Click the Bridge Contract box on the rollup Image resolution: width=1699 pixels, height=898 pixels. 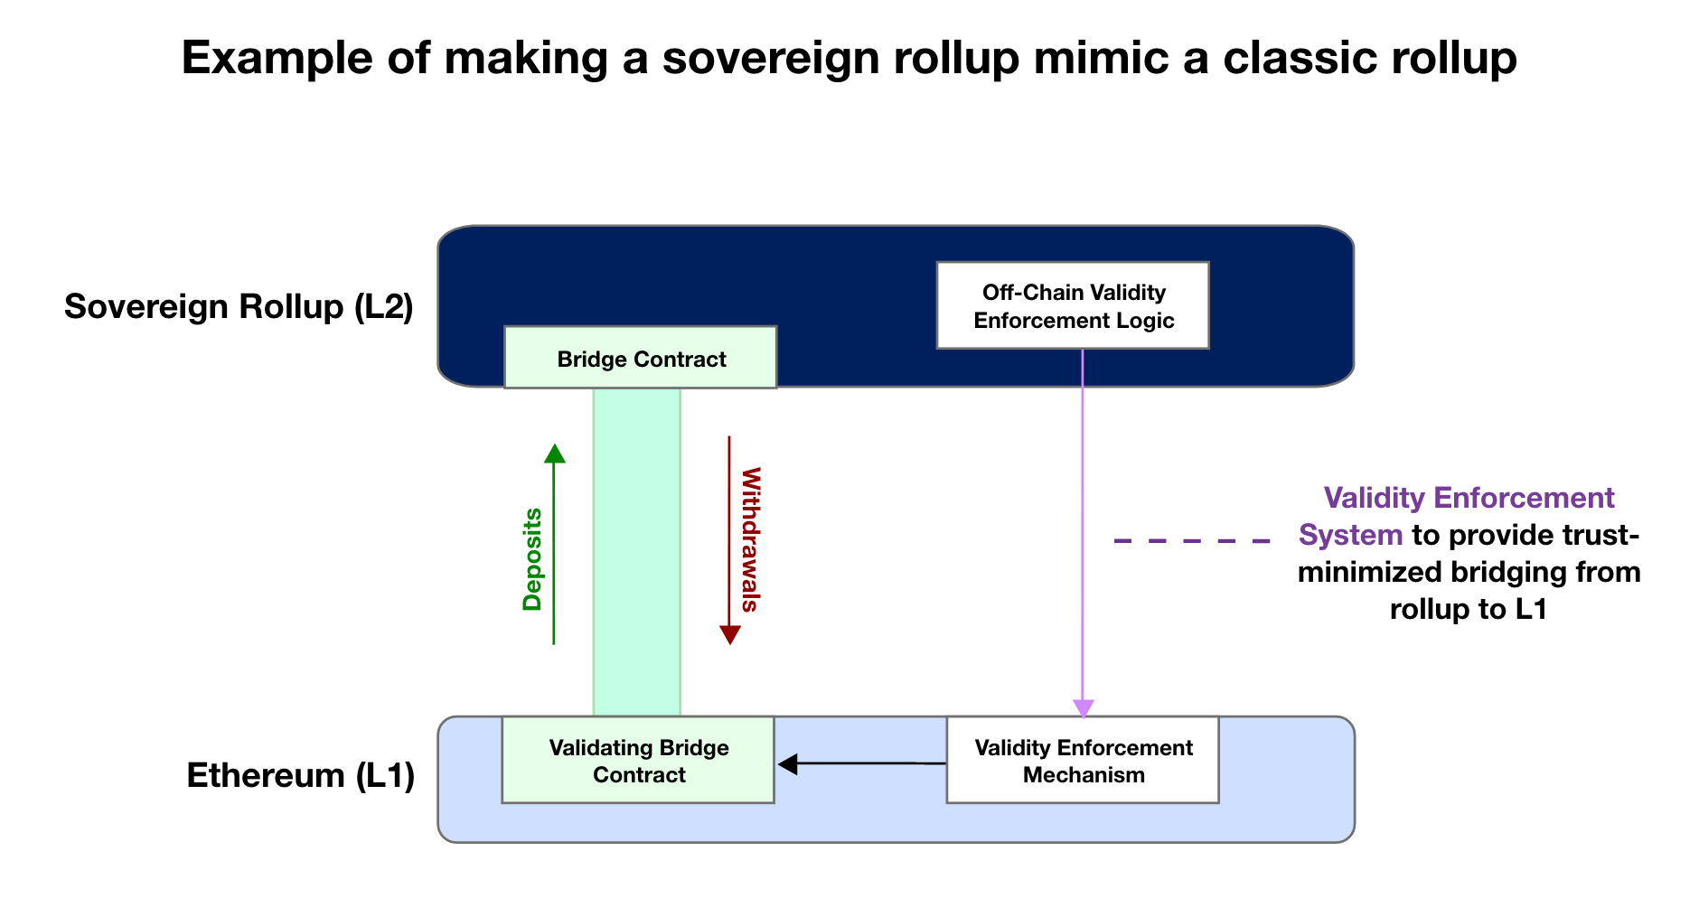[640, 358]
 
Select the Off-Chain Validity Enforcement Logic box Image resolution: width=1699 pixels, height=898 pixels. [1073, 306]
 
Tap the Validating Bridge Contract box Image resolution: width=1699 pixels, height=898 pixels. [638, 761]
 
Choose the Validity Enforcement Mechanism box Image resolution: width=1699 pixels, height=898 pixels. [1083, 761]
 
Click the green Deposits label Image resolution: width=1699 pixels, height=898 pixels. [532, 560]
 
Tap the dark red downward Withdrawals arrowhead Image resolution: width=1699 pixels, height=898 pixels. [730, 634]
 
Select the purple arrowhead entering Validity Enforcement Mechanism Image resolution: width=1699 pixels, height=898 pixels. [1083, 708]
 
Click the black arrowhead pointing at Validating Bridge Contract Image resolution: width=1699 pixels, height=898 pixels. [788, 764]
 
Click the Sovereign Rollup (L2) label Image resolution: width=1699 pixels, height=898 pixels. [239, 307]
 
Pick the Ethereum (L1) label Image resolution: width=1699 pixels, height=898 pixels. [300, 776]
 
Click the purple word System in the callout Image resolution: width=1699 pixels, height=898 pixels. [1350, 536]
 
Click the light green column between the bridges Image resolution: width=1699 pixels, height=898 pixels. [636, 551]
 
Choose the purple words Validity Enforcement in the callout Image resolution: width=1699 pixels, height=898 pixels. [1469, 498]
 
